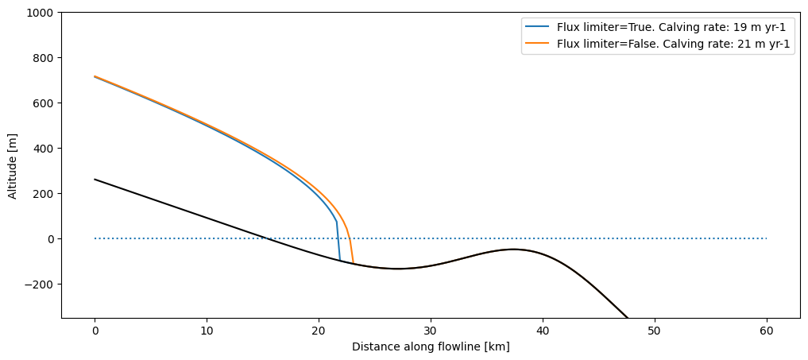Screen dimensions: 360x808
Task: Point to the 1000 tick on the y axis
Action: (x=41, y=13)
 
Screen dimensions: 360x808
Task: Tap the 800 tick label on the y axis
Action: (x=44, y=58)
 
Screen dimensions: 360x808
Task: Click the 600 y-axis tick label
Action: (x=44, y=103)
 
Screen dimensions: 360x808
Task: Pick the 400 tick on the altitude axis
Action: (x=44, y=149)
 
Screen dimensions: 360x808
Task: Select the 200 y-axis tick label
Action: (x=44, y=194)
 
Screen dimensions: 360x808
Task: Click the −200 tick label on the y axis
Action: (x=41, y=285)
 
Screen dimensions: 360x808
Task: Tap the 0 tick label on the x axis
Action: (x=95, y=330)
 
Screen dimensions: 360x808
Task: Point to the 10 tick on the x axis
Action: (x=207, y=330)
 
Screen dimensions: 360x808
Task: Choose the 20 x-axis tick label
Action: (x=319, y=330)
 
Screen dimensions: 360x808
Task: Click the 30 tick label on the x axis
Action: (x=431, y=330)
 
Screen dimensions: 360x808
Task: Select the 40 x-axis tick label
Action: (x=543, y=330)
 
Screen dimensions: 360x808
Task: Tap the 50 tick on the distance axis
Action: (x=655, y=330)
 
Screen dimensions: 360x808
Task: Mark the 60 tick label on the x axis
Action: (x=767, y=330)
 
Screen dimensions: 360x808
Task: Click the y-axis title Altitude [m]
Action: (x=13, y=165)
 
